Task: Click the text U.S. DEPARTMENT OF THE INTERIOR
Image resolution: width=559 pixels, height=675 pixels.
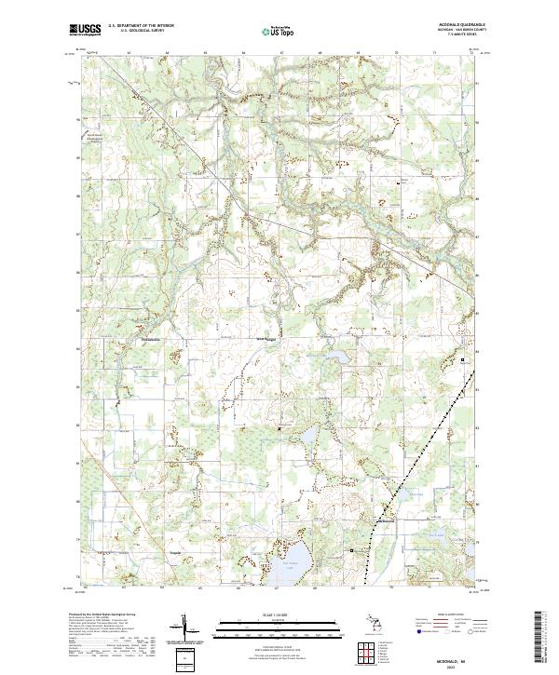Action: [141, 26]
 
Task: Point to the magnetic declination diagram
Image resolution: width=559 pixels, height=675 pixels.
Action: [184, 628]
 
